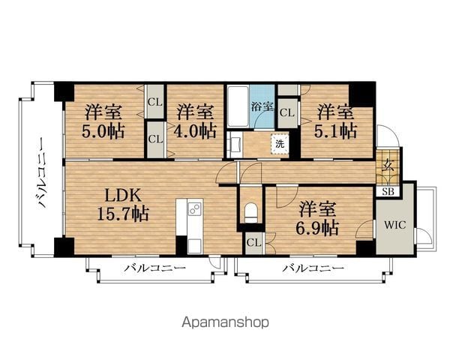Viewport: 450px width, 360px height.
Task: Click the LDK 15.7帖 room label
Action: [123, 205]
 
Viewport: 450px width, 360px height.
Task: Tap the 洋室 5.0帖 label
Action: [103, 121]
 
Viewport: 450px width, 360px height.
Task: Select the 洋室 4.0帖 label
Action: [195, 121]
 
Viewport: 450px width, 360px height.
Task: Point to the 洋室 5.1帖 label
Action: [336, 121]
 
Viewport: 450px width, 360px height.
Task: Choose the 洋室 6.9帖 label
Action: [317, 218]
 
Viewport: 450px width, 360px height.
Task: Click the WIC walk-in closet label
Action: [395, 224]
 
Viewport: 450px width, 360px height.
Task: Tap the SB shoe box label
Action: [388, 191]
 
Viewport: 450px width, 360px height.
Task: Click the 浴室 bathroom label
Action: [262, 106]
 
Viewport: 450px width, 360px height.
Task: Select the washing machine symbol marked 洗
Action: [280, 144]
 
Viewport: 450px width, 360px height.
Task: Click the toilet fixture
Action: [250, 212]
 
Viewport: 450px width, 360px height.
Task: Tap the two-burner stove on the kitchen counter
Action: [194, 208]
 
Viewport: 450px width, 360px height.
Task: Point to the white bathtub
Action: [238, 106]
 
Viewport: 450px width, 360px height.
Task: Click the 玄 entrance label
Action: [388, 165]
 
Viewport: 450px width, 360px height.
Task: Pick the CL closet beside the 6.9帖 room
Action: [254, 243]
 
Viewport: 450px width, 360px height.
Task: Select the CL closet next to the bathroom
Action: [287, 112]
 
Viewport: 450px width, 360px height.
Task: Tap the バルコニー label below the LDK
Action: [155, 268]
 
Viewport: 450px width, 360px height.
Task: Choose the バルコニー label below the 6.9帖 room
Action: [313, 268]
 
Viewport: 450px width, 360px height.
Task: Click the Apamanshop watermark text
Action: [226, 322]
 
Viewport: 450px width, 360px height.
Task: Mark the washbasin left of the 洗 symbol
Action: [235, 145]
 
